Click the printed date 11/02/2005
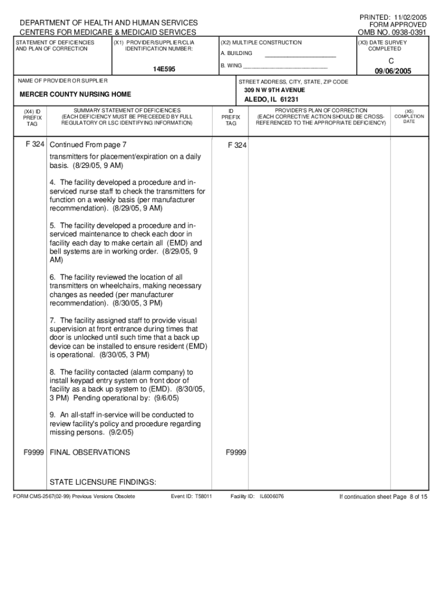pyautogui.click(x=409, y=17)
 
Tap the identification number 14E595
pyautogui.click(x=164, y=69)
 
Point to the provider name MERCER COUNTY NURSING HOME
pyautogui.click(x=75, y=94)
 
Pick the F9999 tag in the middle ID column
pyautogui.click(x=236, y=452)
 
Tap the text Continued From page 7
pyautogui.click(x=88, y=145)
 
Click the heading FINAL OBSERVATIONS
pyautogui.click(x=90, y=452)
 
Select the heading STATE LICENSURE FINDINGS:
pyautogui.click(x=103, y=482)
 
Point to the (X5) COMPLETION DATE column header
pyautogui.click(x=409, y=116)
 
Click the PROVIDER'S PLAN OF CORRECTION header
pyautogui.click(x=321, y=110)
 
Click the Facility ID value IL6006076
pyautogui.click(x=272, y=497)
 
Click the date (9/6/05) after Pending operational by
pyautogui.click(x=166, y=398)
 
